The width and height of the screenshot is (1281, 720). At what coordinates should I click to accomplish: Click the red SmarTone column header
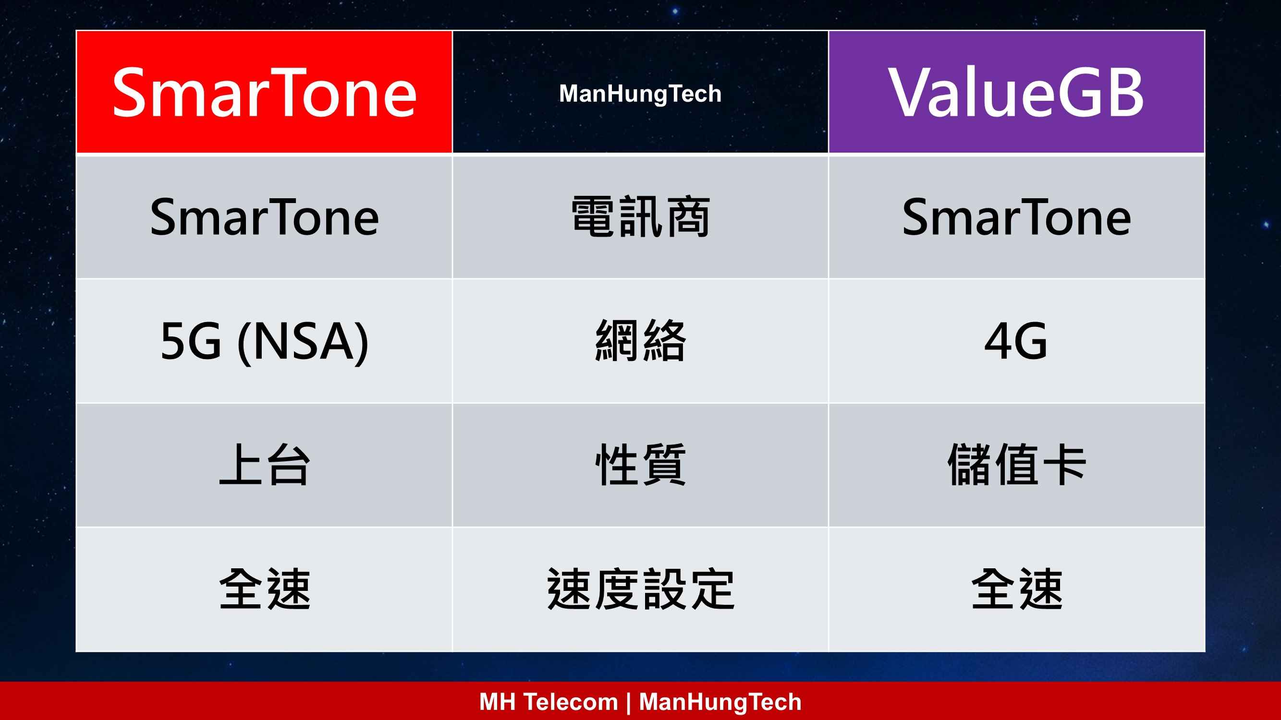264,93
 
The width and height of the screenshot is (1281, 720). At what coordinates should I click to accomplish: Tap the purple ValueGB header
1016,93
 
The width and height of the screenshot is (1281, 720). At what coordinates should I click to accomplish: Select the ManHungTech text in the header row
640,94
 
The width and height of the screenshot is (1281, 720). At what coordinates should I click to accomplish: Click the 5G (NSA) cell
264,341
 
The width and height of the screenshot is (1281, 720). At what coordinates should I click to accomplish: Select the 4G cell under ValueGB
1016,341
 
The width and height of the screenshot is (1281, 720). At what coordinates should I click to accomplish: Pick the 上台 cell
265,465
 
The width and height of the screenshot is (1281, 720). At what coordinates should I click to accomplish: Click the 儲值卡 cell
1016,465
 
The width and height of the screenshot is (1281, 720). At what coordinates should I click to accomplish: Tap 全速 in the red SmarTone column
265,589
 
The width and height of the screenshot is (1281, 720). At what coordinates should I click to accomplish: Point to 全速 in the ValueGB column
1017,589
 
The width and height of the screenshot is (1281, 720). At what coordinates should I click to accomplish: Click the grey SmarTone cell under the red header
264,216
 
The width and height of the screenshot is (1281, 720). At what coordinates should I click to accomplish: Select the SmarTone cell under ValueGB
1016,216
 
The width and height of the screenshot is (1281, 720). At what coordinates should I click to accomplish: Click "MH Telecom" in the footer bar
549,702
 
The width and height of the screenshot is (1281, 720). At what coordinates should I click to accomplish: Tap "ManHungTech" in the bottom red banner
720,702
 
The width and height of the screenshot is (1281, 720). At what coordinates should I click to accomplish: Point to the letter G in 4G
1032,341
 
